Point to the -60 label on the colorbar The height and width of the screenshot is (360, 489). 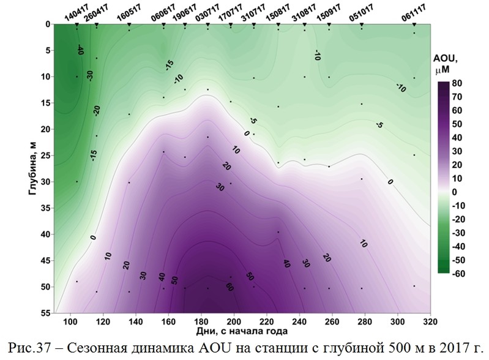tap(456, 272)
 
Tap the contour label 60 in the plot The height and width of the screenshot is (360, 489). tap(229, 286)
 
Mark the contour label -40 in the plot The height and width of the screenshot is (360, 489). tap(80, 50)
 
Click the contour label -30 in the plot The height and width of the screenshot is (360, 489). tap(89, 75)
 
